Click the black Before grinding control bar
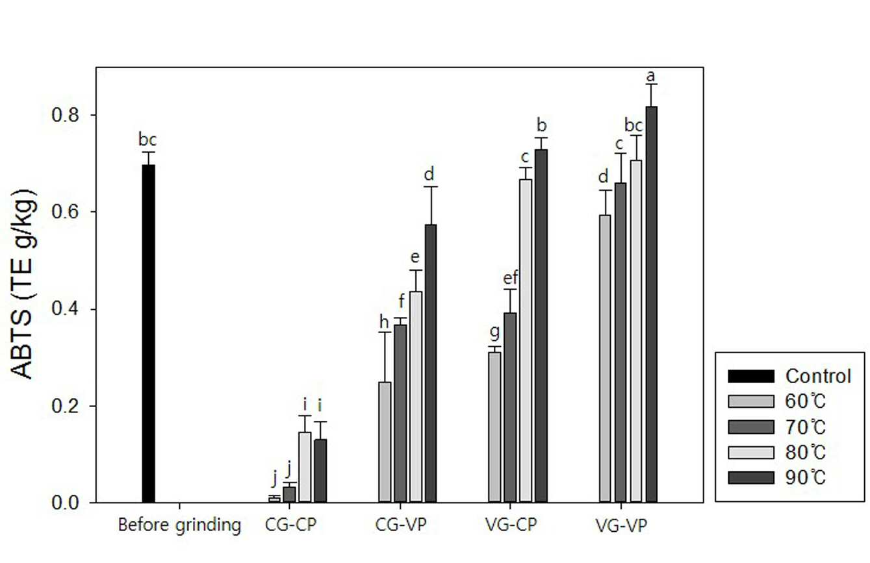click(148, 334)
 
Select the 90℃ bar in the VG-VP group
click(651, 305)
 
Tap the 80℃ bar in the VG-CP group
click(526, 341)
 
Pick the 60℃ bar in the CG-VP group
click(385, 442)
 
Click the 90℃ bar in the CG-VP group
click(431, 364)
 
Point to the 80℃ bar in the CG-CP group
click(305, 468)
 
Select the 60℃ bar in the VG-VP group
click(605, 358)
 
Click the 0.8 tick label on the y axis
click(65, 115)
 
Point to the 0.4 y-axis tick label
click(65, 309)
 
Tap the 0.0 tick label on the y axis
click(65, 503)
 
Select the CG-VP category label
click(401, 525)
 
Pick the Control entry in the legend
click(789, 376)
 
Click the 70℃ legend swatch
click(750, 427)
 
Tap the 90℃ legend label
click(805, 477)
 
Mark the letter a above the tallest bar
click(650, 76)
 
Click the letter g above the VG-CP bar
click(494, 332)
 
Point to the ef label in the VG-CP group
click(510, 277)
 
